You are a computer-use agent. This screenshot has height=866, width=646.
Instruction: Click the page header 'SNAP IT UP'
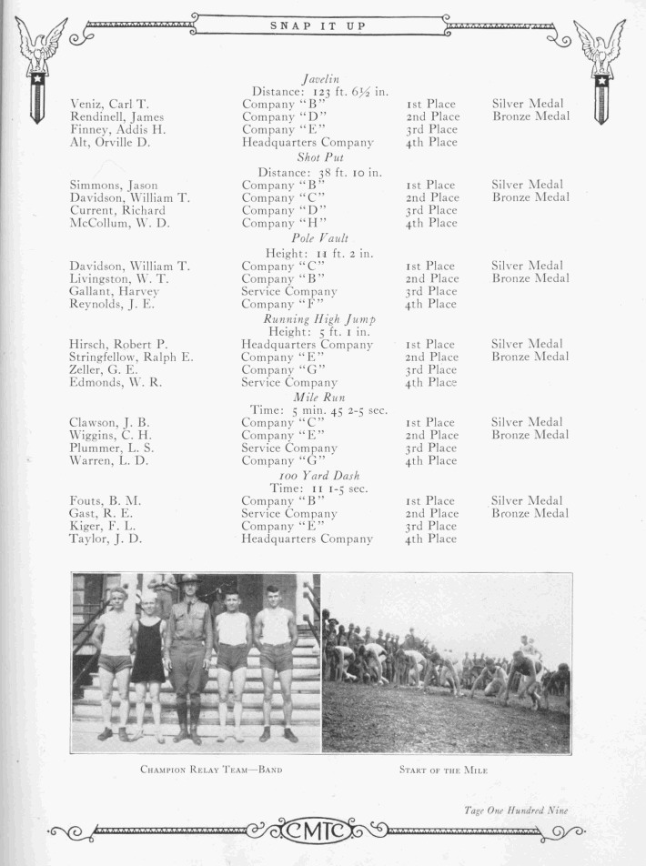tap(318, 26)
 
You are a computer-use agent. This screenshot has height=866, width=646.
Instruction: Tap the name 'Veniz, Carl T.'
tap(109, 105)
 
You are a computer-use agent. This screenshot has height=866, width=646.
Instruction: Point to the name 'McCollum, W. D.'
tap(119, 223)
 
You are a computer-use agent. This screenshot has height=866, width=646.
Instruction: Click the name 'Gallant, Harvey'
tap(114, 291)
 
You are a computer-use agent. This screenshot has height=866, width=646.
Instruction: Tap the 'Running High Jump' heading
tap(319, 318)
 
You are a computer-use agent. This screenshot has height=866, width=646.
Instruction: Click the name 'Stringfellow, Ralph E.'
tap(131, 357)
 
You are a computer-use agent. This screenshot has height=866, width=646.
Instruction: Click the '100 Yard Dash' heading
tap(318, 476)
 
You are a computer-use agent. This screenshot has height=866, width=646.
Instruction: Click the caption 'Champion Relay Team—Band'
tap(211, 770)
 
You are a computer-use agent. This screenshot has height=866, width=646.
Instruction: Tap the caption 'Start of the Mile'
tap(443, 770)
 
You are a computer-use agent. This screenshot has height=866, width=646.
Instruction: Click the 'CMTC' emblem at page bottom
tap(318, 831)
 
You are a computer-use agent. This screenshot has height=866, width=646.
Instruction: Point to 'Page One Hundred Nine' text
tap(516, 810)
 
